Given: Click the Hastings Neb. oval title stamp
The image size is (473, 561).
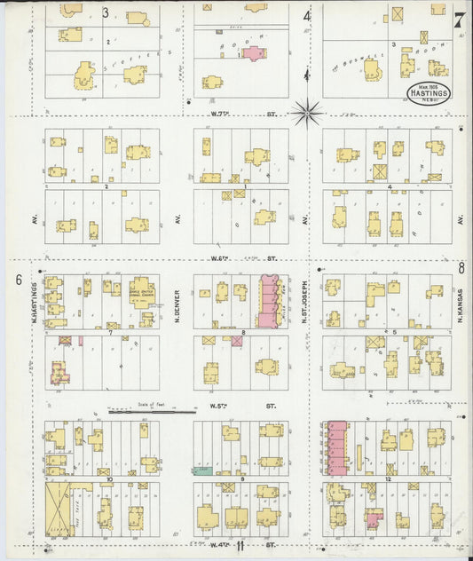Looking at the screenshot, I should [428, 93].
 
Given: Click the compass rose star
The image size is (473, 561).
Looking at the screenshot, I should [308, 112].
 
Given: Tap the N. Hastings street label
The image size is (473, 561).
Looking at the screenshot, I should [36, 299].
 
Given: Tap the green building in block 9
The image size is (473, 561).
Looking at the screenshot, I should [205, 470].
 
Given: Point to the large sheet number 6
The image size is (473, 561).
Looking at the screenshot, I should [18, 280].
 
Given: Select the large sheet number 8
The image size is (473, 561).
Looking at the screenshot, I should [461, 267].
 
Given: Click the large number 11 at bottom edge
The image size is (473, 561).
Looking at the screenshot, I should [239, 547].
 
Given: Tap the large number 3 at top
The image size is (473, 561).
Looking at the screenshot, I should [105, 12].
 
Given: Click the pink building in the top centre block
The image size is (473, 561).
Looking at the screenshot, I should [253, 53].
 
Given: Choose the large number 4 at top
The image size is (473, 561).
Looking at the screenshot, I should [306, 15].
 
